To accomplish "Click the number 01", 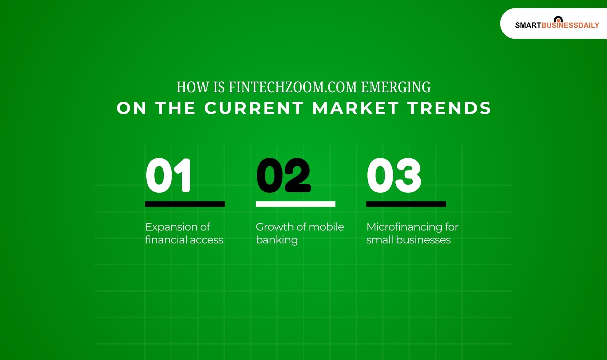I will [x=168, y=176].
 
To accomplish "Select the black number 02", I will [x=283, y=176].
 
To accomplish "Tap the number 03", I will [x=394, y=176].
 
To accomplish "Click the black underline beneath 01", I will [x=185, y=204].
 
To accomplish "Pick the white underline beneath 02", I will [x=295, y=204].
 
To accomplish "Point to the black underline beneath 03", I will [x=406, y=204].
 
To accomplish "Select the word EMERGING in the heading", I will [x=396, y=87].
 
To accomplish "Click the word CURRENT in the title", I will [x=254, y=108].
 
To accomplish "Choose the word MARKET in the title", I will [x=355, y=108].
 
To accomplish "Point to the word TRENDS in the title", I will [x=449, y=108].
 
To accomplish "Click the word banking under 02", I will [x=277, y=240].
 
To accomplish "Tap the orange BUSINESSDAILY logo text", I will [x=570, y=26].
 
